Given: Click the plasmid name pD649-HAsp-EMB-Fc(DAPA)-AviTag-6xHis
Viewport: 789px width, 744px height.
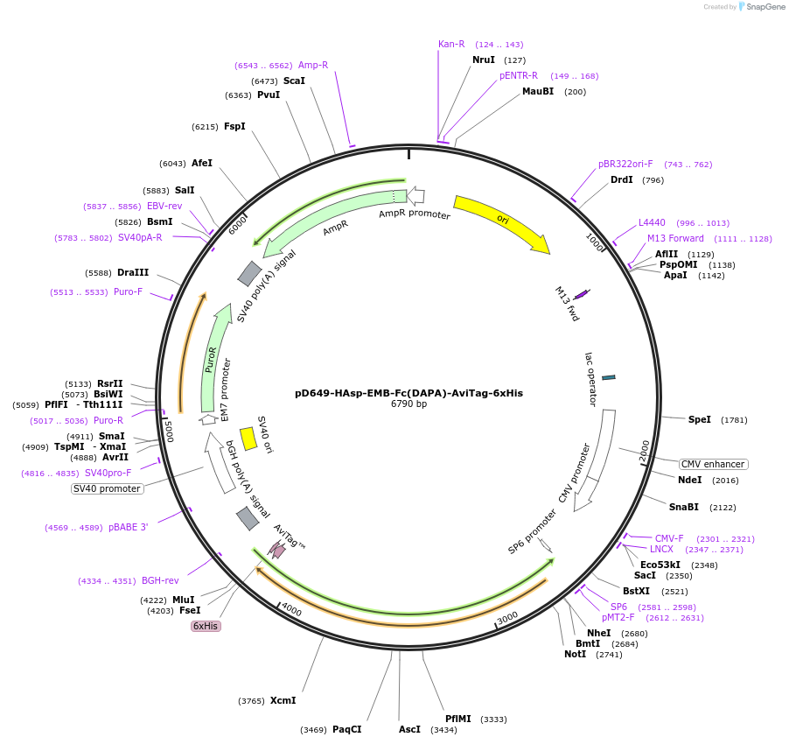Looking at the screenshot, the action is click(x=408, y=393).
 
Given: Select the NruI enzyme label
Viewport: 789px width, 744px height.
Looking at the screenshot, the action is click(x=484, y=60).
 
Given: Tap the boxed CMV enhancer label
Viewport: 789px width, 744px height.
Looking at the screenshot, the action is click(x=714, y=464).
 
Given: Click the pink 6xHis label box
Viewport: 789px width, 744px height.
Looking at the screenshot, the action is click(x=206, y=626).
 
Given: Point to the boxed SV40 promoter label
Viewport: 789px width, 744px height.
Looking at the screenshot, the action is click(x=107, y=488).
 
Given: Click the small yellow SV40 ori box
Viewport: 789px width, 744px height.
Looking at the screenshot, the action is click(x=248, y=439).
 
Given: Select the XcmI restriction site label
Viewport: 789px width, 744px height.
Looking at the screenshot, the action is click(x=283, y=700).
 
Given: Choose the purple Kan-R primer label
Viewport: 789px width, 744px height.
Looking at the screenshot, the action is click(x=451, y=44).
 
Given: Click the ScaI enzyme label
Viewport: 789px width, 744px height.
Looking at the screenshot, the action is click(x=294, y=81).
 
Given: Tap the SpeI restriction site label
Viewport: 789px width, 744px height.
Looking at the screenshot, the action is click(x=700, y=420).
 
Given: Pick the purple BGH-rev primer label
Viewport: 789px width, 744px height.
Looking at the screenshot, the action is click(x=160, y=580).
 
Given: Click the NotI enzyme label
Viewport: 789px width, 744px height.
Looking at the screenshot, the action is click(x=575, y=654).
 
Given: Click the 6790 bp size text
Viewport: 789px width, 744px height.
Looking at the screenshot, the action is click(x=408, y=404).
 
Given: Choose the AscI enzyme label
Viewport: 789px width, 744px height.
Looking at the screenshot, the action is click(x=409, y=729).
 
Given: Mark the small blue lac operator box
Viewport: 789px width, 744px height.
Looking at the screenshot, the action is click(x=609, y=377).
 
